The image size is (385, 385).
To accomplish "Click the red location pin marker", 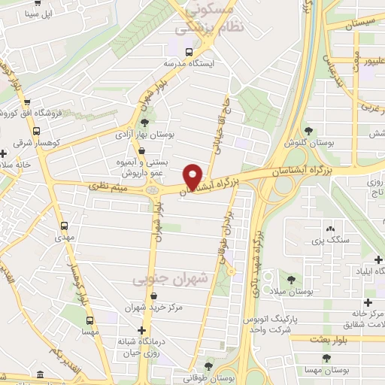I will coord(193,176).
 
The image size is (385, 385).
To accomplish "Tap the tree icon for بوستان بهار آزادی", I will coord(145,122).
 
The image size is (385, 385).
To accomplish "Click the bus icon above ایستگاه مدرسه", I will coord(188,53).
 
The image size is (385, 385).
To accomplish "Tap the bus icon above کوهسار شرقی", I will coord(26,129).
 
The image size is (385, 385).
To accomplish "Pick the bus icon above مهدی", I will coord(65,225).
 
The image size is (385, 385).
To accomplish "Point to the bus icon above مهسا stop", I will coord(88,320).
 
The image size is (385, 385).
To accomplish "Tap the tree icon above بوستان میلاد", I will coord(281,279).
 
